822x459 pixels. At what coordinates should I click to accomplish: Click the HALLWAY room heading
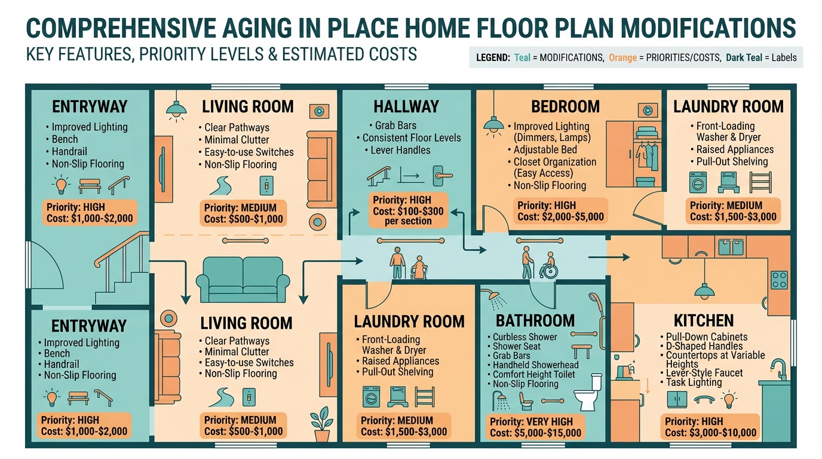(406, 107)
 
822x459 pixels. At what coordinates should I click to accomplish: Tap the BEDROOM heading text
(565, 107)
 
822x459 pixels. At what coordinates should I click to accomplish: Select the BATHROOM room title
(535, 320)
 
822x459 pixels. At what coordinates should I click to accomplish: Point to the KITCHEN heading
(704, 320)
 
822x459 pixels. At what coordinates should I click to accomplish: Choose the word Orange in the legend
(622, 59)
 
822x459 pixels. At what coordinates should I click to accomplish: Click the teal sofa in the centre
(243, 280)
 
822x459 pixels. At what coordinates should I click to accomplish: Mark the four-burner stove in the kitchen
(779, 279)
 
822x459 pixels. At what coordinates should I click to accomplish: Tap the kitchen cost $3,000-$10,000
(723, 433)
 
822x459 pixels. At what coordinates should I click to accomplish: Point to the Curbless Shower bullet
(525, 337)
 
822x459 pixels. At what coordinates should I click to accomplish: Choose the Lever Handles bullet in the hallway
(400, 150)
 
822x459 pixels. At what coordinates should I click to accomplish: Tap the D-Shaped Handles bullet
(704, 346)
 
